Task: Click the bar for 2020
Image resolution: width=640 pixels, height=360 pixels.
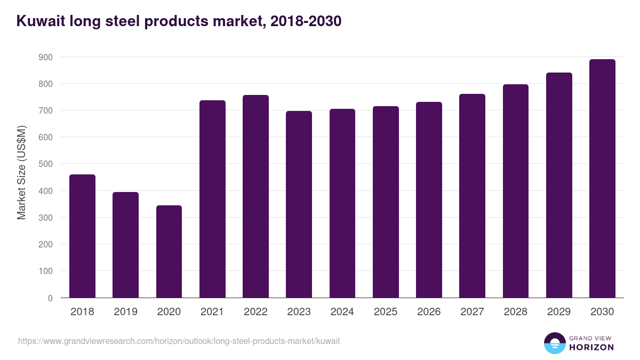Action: (169, 252)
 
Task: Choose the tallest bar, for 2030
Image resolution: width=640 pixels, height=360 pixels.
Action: (602, 179)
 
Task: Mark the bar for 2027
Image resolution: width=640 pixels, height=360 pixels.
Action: (472, 196)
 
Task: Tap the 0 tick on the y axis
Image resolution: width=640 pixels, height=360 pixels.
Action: (50, 298)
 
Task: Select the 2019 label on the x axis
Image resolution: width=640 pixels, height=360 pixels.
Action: (125, 312)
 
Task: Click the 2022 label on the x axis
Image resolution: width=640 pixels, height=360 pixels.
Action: (255, 312)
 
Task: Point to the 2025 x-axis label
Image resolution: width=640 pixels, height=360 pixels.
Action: (386, 312)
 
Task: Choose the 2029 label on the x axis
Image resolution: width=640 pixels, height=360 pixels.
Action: (559, 312)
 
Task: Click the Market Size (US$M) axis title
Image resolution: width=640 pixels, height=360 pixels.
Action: (21, 172)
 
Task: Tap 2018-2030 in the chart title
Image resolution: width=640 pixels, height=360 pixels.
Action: (306, 21)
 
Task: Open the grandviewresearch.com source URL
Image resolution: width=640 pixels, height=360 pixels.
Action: (179, 341)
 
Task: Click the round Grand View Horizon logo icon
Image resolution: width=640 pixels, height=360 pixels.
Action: (554, 343)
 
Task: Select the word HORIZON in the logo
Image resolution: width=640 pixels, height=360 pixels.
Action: (591, 347)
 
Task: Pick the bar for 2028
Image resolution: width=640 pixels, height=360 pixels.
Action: (515, 191)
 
